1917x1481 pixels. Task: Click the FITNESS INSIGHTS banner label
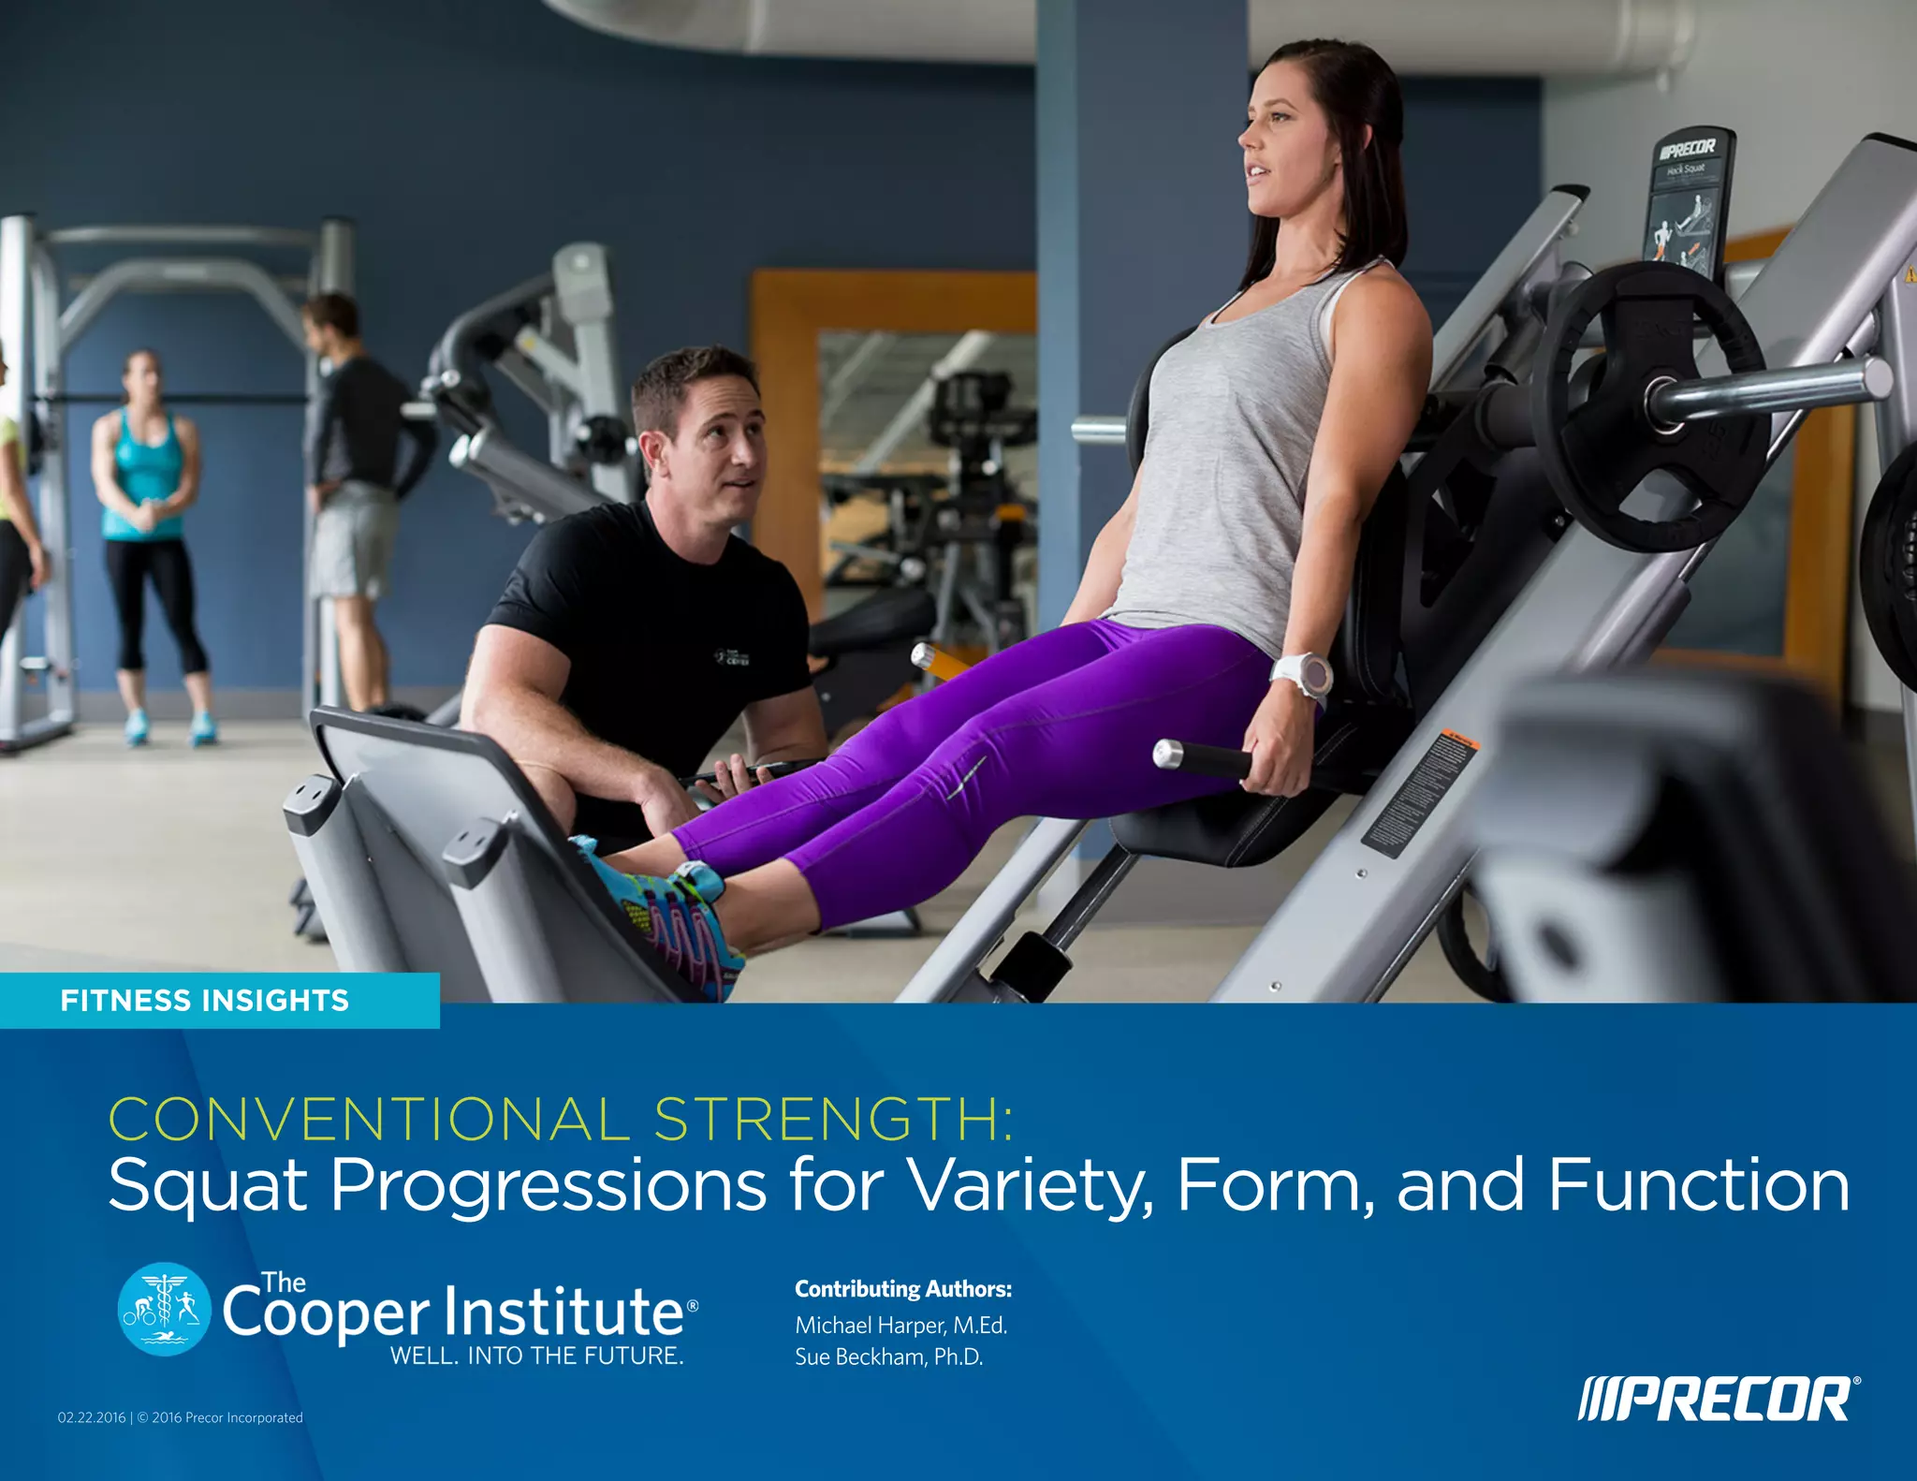(x=204, y=1001)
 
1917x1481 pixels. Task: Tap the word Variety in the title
(x=1027, y=1186)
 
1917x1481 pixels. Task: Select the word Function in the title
(x=1698, y=1185)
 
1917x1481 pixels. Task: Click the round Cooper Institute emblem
(x=165, y=1309)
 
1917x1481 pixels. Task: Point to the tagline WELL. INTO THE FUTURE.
(x=536, y=1356)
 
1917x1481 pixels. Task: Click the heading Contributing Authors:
(x=903, y=1289)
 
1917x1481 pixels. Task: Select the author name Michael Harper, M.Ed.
(x=900, y=1326)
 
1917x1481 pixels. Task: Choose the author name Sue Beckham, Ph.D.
(x=888, y=1357)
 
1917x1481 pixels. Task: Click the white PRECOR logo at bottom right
(x=1719, y=1400)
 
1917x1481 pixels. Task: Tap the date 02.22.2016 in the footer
(x=91, y=1417)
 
